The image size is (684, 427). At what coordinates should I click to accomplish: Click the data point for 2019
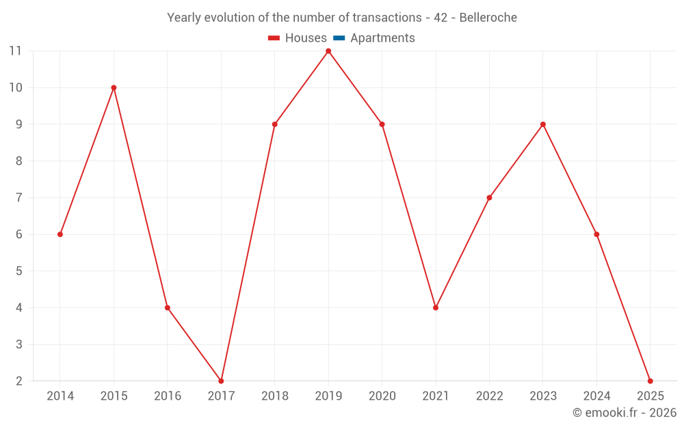click(x=328, y=51)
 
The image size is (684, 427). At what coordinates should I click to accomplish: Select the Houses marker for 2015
click(x=114, y=87)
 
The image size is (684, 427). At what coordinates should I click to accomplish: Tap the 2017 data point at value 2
click(x=221, y=381)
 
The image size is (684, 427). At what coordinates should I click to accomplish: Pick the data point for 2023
click(x=543, y=124)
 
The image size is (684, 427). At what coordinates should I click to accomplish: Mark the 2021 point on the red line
click(x=436, y=307)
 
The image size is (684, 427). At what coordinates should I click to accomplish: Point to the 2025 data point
click(x=650, y=381)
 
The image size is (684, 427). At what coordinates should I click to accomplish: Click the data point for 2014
click(x=60, y=234)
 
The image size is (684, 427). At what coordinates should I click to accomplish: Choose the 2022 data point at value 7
click(x=489, y=197)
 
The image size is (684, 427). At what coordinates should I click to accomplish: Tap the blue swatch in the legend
click(x=339, y=38)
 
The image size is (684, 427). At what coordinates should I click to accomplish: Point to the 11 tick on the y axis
click(x=15, y=51)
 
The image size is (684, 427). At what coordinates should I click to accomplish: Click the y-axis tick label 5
click(x=18, y=271)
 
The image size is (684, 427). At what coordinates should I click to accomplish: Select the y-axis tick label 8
click(x=18, y=161)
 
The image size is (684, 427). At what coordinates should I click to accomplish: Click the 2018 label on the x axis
click(x=274, y=396)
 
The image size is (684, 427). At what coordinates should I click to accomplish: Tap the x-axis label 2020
click(x=382, y=396)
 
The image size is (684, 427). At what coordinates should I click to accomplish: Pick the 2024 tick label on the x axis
click(x=596, y=396)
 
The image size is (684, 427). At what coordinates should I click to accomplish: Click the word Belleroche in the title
click(x=488, y=18)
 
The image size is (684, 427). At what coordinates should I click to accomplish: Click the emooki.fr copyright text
click(x=624, y=413)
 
